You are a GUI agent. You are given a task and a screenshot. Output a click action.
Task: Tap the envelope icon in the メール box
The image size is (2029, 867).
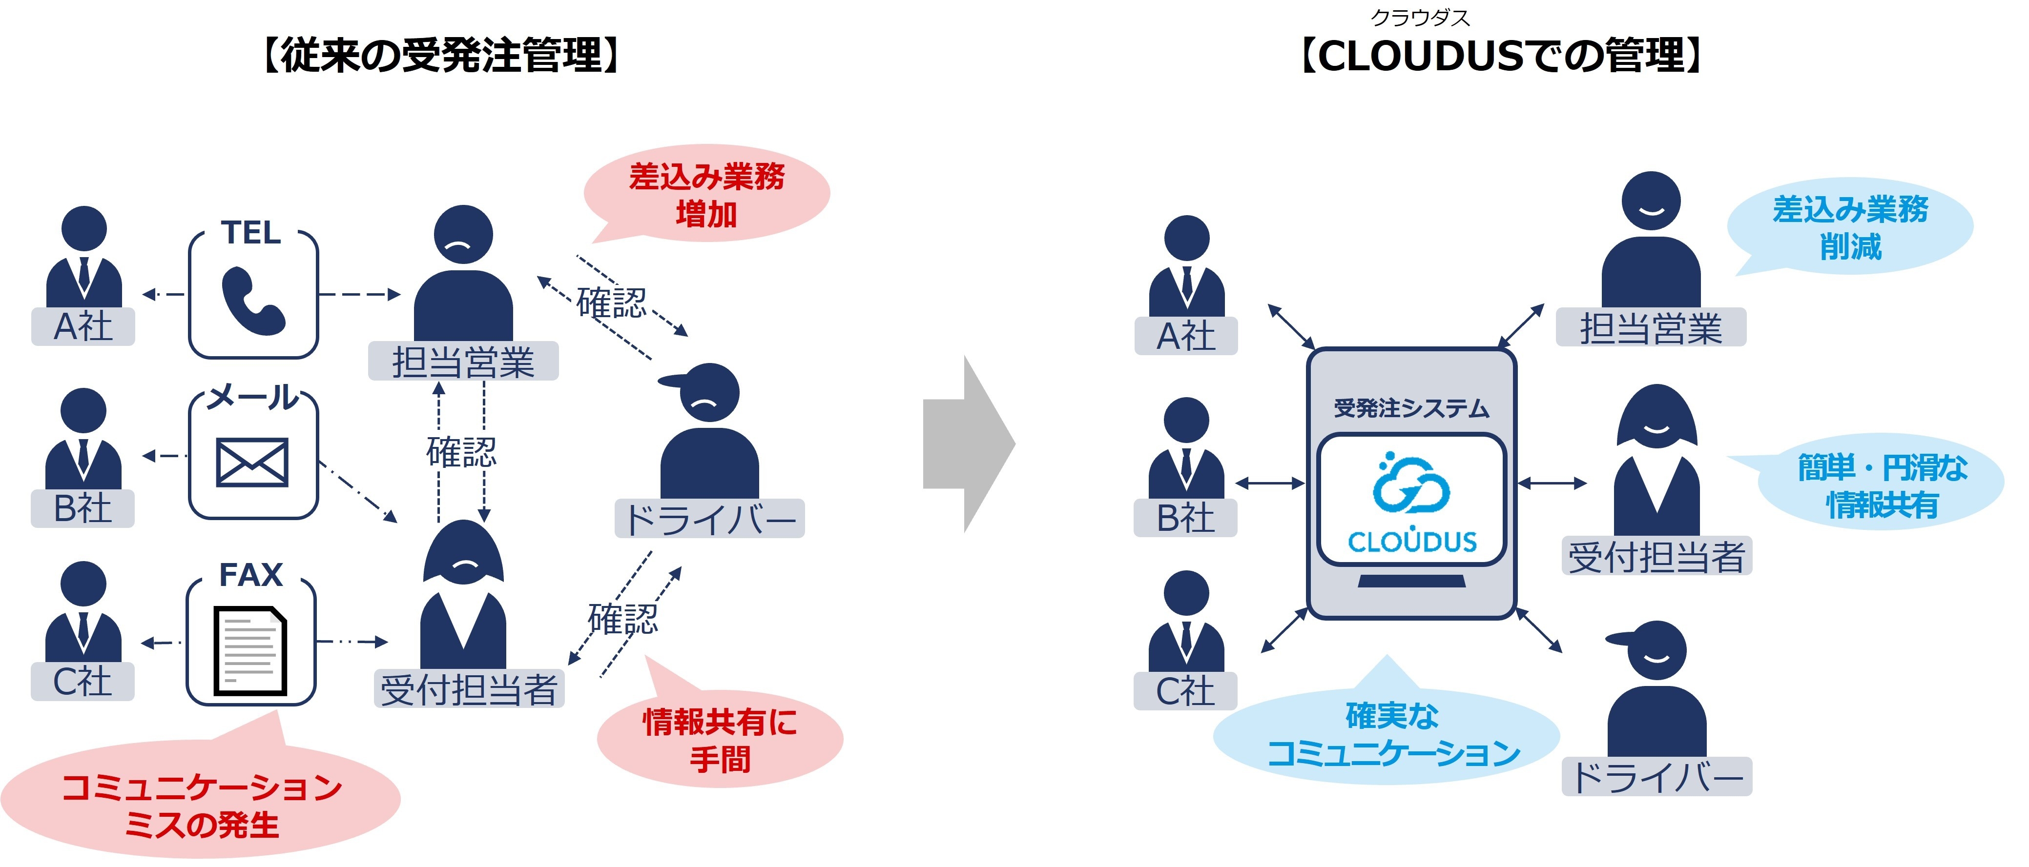pos(252,462)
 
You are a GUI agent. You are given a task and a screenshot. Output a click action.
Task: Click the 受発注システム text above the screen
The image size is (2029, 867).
pos(1411,408)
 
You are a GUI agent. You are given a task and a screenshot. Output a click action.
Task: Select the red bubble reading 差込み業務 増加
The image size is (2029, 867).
pos(706,195)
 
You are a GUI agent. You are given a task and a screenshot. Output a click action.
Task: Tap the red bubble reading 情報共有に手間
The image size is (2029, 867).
pos(720,740)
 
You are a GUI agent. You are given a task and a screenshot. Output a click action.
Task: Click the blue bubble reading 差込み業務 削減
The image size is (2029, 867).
pos(1850,227)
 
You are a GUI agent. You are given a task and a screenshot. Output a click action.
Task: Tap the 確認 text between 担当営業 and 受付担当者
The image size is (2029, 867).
pos(461,452)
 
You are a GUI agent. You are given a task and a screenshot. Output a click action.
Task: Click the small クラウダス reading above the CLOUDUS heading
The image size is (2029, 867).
pos(1420,18)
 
